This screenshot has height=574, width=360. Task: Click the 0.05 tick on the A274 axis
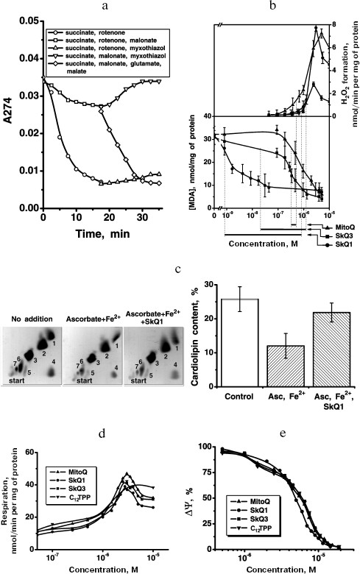[30, 21]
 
